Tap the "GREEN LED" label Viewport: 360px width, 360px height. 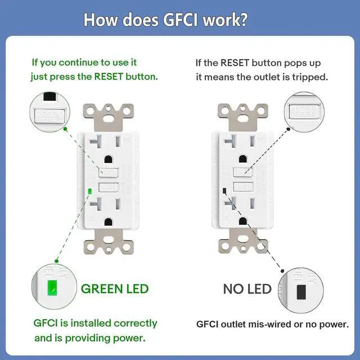click(115, 289)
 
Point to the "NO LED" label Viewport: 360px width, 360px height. click(247, 289)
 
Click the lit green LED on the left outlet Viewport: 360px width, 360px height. click(90, 192)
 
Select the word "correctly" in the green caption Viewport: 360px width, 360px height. click(136, 323)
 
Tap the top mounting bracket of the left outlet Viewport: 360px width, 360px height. click(108, 115)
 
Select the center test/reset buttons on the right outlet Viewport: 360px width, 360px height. click(243, 179)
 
